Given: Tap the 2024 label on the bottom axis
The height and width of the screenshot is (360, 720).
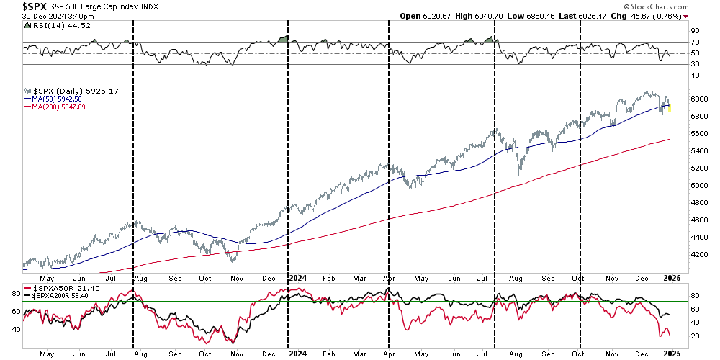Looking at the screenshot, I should click(297, 276).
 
